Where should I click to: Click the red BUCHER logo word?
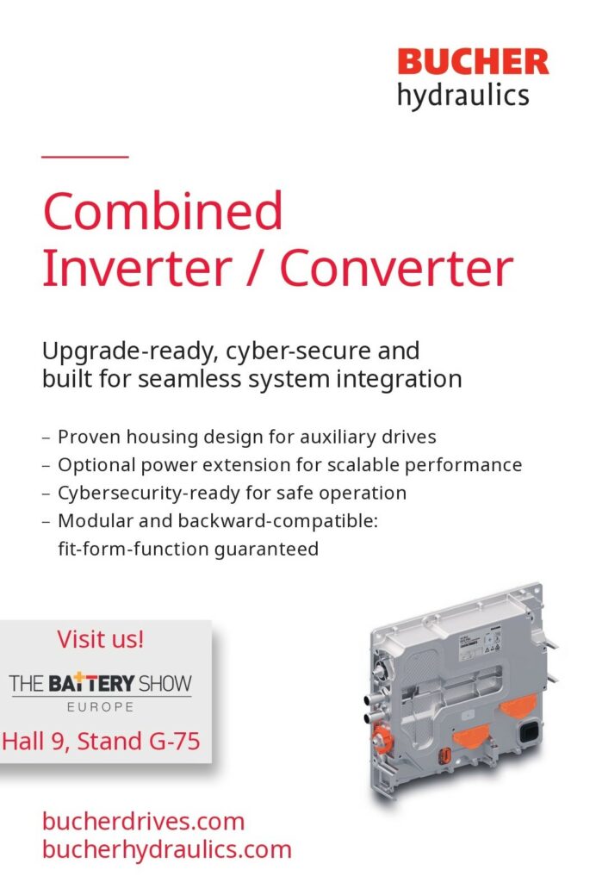(x=473, y=62)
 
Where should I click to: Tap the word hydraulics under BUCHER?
(x=463, y=96)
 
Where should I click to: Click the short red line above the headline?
(x=85, y=157)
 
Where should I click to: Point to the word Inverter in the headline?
(x=137, y=268)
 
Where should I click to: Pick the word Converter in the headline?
(x=396, y=268)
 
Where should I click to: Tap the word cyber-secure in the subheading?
(x=299, y=351)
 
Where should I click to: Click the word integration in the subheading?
(x=399, y=379)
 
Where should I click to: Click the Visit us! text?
(x=101, y=640)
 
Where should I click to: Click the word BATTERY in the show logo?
(x=91, y=683)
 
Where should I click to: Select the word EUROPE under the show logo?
(x=101, y=707)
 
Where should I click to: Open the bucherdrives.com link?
(x=143, y=822)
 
